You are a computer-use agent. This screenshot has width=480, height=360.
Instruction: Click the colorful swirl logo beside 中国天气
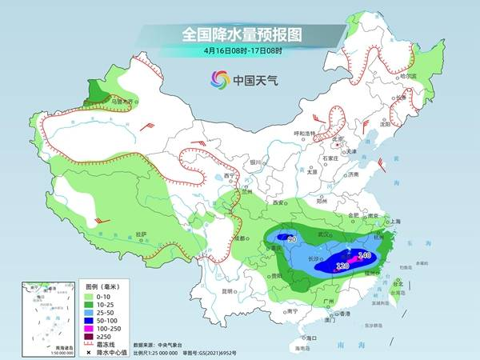(x=218, y=79)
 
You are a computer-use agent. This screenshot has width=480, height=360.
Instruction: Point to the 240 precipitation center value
(x=364, y=255)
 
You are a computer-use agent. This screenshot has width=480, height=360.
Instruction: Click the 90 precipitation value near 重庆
(x=292, y=239)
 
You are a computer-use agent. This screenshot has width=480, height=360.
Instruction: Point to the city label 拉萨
(x=142, y=234)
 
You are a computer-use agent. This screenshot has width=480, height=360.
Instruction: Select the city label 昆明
(x=230, y=290)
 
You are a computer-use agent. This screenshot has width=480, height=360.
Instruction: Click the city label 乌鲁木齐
(x=120, y=102)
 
